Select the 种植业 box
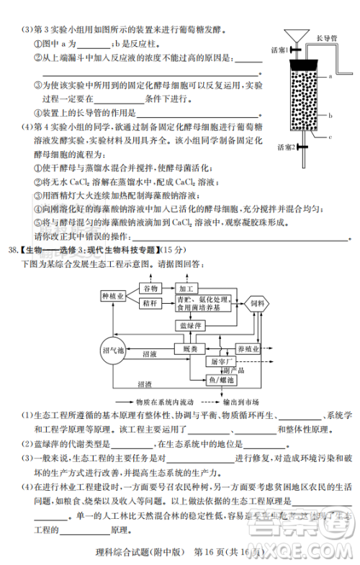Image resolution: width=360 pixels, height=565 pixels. (113, 296)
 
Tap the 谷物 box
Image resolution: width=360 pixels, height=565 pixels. (150, 288)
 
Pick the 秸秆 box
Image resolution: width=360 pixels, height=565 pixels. (150, 303)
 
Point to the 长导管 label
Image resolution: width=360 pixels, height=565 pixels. (327, 32)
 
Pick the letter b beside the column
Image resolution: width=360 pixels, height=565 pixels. (329, 114)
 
